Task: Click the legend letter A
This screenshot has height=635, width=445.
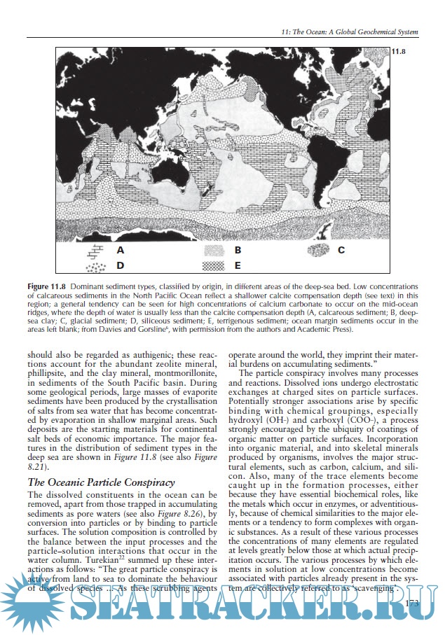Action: (x=121, y=249)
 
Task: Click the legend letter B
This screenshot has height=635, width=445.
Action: (x=238, y=249)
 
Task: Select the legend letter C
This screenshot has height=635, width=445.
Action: (x=341, y=249)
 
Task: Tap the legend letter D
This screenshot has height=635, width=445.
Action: (x=121, y=266)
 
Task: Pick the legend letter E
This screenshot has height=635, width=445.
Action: (x=238, y=266)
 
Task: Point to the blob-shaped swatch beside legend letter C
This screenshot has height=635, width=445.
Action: (x=318, y=250)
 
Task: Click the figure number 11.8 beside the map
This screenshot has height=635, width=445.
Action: (x=398, y=52)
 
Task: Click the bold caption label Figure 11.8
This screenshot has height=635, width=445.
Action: (x=46, y=288)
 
